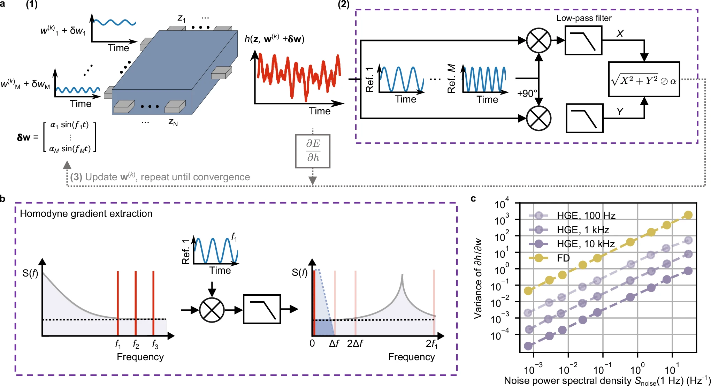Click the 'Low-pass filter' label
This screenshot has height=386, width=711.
584,18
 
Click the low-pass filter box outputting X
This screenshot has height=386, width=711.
583,40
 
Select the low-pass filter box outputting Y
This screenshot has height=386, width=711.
584,118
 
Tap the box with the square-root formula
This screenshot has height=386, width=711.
644,80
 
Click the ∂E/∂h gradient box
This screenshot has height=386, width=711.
313,151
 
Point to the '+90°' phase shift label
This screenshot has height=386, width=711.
527,93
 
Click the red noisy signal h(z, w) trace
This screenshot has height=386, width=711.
298,75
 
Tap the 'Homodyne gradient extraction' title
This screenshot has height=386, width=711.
86,213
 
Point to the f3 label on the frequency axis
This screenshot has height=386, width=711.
155,345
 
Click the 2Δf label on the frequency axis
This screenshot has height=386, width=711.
355,344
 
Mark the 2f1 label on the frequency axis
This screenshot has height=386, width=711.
431,344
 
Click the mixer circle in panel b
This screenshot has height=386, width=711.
212,310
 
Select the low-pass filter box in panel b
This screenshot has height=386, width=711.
262,309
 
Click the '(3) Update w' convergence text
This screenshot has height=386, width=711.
160,177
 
